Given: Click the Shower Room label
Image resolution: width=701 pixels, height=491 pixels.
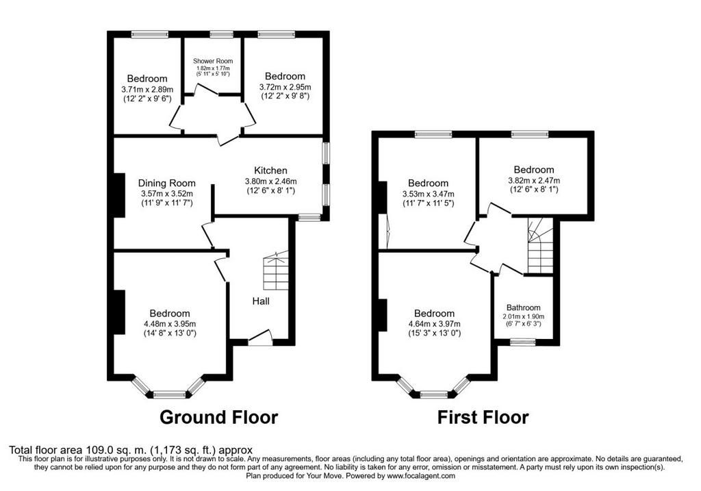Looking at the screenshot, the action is [213, 61].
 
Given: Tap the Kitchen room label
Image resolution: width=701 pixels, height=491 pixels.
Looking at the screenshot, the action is [270, 171].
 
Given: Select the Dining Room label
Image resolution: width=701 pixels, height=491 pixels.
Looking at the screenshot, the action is [167, 183].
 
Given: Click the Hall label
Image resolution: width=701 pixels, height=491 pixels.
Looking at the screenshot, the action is [261, 301].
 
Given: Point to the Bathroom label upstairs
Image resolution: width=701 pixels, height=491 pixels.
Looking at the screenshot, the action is [523, 307].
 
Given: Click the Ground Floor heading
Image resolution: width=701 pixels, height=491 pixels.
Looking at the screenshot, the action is [218, 417].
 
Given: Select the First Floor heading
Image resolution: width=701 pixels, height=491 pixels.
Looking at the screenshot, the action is [483, 417].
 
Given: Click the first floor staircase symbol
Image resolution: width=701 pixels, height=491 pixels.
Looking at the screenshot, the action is [541, 245].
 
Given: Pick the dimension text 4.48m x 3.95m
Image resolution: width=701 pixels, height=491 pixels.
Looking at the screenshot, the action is [170, 324].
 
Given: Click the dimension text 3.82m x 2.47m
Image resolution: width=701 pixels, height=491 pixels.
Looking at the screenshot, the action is [534, 180].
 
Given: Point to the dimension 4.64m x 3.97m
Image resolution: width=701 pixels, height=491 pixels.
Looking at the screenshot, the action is [435, 324].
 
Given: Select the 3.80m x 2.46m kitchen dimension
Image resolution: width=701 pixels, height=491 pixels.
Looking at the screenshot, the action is [270, 181].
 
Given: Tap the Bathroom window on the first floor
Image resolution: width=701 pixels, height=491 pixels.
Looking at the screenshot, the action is [523, 342].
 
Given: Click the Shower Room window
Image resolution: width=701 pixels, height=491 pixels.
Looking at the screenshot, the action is [219, 34].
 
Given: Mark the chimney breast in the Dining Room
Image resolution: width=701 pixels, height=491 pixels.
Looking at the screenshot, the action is [119, 195].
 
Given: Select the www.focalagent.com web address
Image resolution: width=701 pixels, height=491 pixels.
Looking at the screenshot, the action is [421, 476].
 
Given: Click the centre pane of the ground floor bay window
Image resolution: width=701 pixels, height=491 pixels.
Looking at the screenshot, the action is [170, 394].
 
